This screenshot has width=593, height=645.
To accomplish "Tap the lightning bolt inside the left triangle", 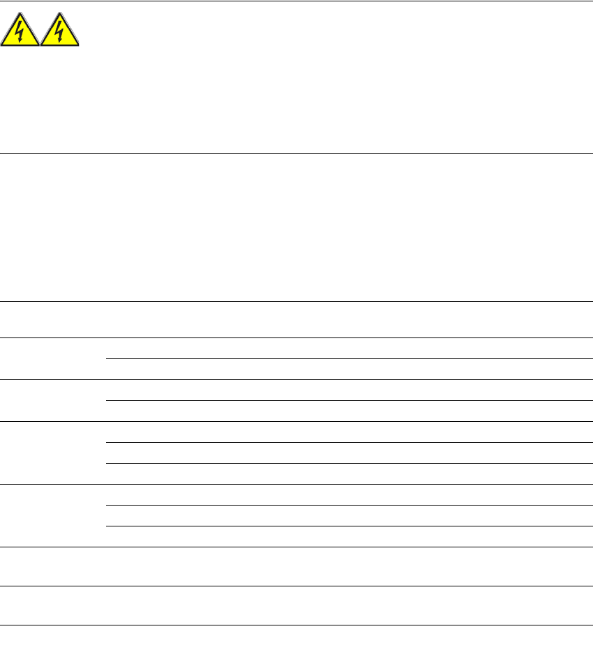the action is coord(20,33).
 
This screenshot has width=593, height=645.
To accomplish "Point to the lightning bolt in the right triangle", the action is coord(60,33).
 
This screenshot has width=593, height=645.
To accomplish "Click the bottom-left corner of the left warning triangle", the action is coord(2,46).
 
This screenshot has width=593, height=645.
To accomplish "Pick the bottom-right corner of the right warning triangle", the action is coord(79,46).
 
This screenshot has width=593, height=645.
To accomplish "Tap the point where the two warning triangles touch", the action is coord(40,45).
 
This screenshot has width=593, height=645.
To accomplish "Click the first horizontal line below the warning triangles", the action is coord(296,153).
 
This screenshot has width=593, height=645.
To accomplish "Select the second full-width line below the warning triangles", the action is coord(296,301).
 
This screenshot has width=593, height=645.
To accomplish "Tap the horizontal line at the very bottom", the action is coord(296,625).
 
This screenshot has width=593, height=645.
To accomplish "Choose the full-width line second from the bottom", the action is coord(296,586).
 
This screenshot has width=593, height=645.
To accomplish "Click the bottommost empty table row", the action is coord(296,605).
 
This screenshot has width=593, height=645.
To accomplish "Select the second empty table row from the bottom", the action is coord(296,566).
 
